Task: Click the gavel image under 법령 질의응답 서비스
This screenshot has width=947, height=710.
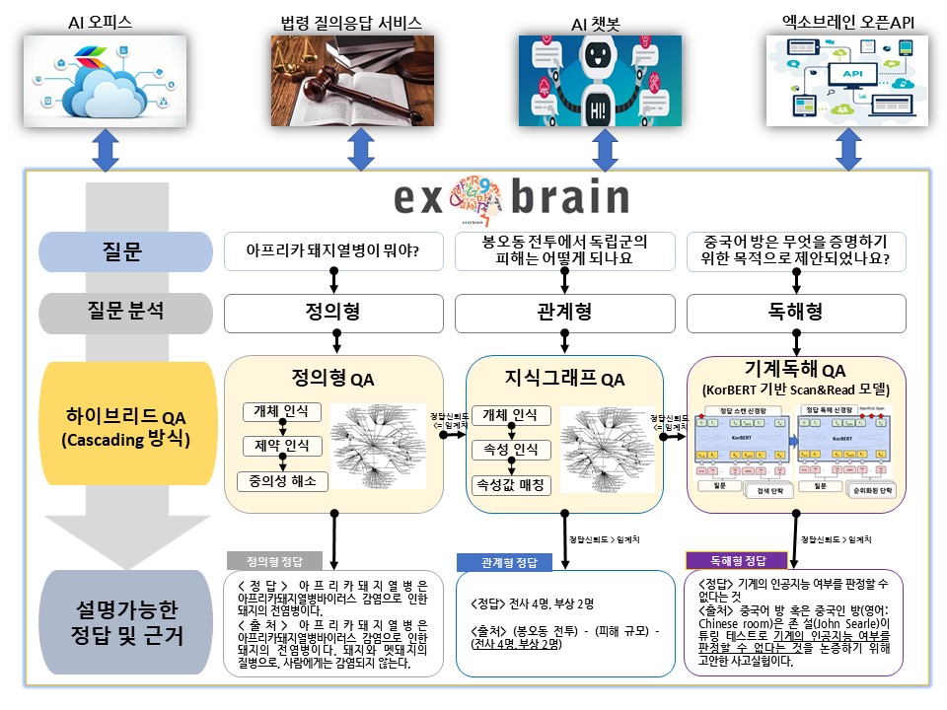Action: click(x=351, y=81)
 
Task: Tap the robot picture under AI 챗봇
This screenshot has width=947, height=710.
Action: click(x=600, y=81)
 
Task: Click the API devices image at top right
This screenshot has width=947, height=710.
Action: click(x=847, y=81)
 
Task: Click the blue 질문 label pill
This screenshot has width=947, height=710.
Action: click(x=125, y=251)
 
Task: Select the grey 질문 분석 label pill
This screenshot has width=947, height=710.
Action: click(x=125, y=312)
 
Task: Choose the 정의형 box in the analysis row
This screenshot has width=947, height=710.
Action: click(x=333, y=312)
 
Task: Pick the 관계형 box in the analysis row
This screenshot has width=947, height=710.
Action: click(x=564, y=312)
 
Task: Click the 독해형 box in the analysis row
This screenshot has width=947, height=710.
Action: click(x=795, y=312)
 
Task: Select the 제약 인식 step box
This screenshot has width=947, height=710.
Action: click(x=282, y=447)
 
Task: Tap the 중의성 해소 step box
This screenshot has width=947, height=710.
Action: click(x=282, y=481)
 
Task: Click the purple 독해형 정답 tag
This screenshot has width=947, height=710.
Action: click(x=727, y=560)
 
